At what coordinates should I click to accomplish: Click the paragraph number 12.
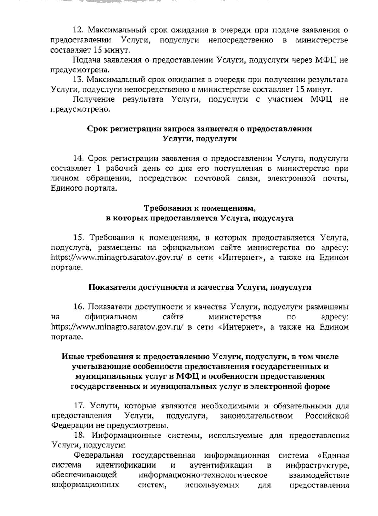(77, 30)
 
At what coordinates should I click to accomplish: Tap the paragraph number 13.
(77, 79)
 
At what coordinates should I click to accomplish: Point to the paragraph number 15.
(78, 237)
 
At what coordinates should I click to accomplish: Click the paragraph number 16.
(78, 307)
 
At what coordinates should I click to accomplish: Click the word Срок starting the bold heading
(97, 129)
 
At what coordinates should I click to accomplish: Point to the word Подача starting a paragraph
(85, 60)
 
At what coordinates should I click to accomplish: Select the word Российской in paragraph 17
(327, 416)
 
